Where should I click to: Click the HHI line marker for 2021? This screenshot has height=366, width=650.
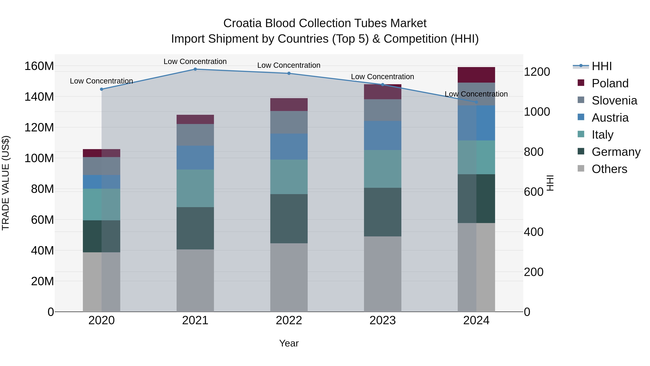coord(195,69)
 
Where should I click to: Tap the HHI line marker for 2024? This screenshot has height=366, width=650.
coord(476,102)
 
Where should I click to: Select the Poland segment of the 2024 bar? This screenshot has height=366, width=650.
coord(476,75)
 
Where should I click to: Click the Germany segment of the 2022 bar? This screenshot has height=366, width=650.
coord(289,219)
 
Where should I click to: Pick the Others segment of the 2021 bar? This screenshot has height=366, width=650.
coord(195,280)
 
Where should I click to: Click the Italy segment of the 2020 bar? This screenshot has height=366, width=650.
coord(101,204)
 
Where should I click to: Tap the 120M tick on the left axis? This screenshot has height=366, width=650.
coord(39,128)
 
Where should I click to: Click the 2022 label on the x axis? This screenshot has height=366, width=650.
coord(289,320)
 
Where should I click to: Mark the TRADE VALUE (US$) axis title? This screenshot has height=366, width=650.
coord(6,183)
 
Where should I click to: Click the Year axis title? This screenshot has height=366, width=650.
coord(289,343)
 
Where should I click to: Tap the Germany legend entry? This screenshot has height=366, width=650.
coord(616,152)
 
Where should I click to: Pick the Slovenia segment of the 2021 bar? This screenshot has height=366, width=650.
coord(195,135)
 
